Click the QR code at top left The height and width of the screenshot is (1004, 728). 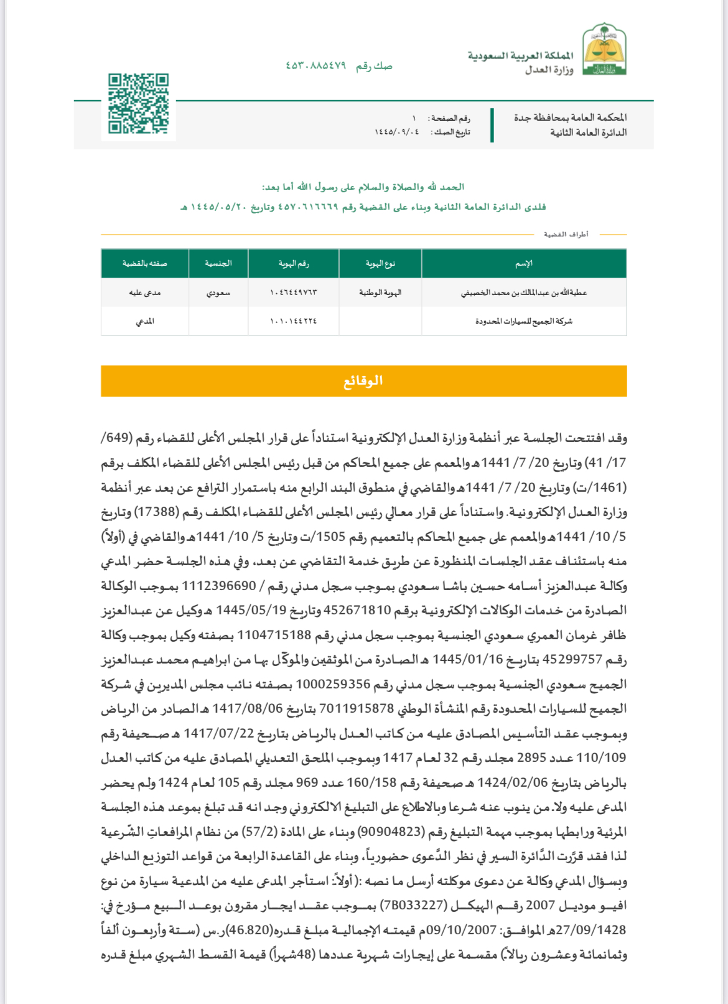138,104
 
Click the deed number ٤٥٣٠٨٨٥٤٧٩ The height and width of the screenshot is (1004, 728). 315,66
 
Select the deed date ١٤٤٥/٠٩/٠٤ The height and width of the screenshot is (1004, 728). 397,132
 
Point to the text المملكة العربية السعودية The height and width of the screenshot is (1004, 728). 521,56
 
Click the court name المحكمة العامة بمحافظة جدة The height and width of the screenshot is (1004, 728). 570,117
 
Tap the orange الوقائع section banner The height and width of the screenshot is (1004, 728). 363,381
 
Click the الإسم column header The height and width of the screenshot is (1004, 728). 524,263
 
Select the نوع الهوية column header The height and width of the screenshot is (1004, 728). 380,263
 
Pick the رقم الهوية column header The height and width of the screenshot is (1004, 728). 294,263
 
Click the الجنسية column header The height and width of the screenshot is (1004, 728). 218,263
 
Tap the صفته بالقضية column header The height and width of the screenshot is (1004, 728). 145,263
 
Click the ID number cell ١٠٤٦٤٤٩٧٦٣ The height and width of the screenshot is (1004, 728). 294,293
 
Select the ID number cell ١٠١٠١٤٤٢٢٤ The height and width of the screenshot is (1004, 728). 294,321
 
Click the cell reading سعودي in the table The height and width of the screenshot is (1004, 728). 218,293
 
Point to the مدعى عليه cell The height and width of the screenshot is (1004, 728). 145,293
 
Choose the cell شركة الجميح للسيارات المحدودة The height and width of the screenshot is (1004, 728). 524,321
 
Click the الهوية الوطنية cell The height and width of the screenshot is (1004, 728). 380,293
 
